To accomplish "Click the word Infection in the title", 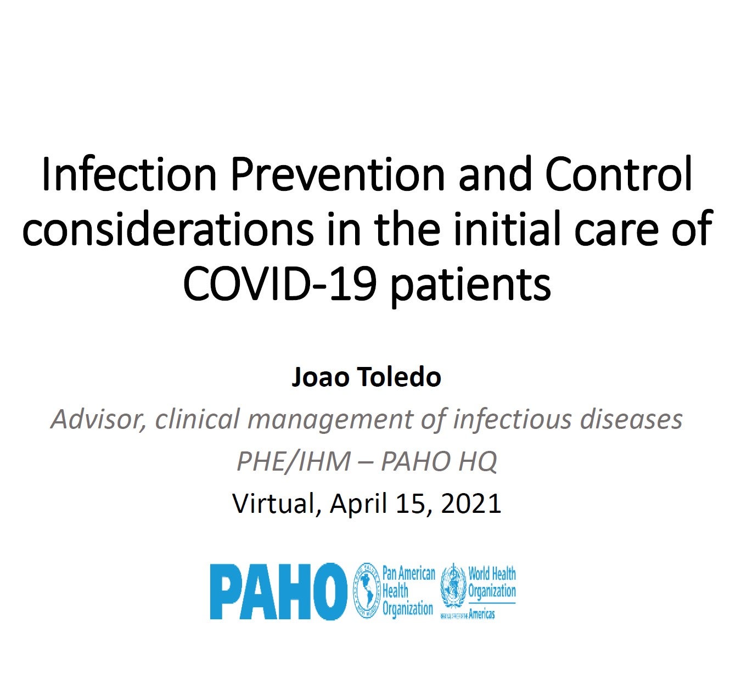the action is pyautogui.click(x=130, y=174).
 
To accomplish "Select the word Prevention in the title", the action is pyautogui.click(x=338, y=174).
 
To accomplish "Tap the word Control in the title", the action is pyautogui.click(x=619, y=173).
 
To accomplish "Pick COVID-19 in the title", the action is pyautogui.click(x=279, y=283).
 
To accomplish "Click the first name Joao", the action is pyautogui.click(x=321, y=377).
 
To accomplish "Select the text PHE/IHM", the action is pyautogui.click(x=294, y=461).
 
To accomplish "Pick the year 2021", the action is pyautogui.click(x=471, y=504).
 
